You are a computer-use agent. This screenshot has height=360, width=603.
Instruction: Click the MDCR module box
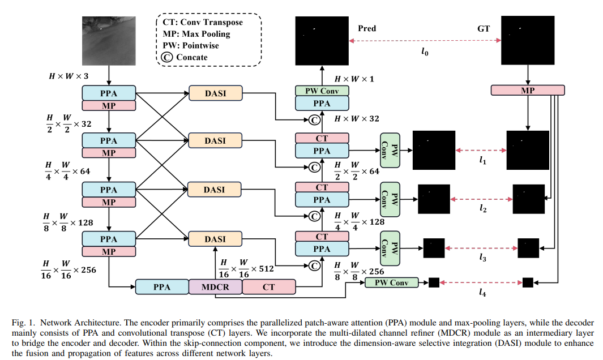pos(215,287)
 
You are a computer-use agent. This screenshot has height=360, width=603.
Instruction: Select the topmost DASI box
pos(215,93)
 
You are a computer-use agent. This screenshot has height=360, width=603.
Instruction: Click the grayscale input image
pos(109,40)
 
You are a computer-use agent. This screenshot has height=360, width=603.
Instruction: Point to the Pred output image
pos(322,40)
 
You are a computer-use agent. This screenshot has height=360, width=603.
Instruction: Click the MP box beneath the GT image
pos(528,90)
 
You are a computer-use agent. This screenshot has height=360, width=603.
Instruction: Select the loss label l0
pos(425,51)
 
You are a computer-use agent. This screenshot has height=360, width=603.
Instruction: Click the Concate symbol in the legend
pos(166,57)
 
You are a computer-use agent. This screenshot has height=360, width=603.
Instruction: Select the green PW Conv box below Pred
pos(322,91)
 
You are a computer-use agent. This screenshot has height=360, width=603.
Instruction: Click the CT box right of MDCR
pos(268,287)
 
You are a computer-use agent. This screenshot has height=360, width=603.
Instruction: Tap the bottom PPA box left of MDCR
pos(162,287)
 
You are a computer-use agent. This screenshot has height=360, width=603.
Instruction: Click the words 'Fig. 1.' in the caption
pos(24,322)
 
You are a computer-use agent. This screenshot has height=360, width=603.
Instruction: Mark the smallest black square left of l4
pos(434,282)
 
